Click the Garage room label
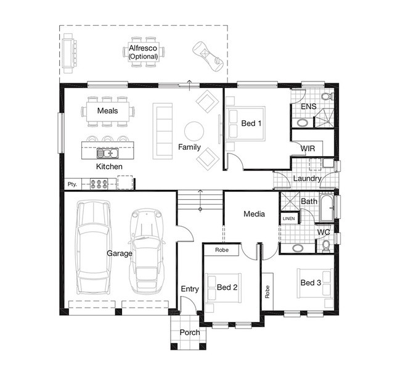120,253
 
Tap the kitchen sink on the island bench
108,153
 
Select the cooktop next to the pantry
99,184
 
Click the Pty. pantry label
72,184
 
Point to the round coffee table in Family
194,131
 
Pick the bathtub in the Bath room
327,208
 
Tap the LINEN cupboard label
288,218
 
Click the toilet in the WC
326,246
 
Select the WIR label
308,149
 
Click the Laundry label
307,178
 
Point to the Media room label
254,214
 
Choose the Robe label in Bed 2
222,250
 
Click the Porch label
190,332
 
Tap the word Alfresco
143,48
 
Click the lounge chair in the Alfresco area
208,56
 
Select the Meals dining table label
108,110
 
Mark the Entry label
190,289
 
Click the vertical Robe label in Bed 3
267,292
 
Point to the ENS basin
303,123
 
